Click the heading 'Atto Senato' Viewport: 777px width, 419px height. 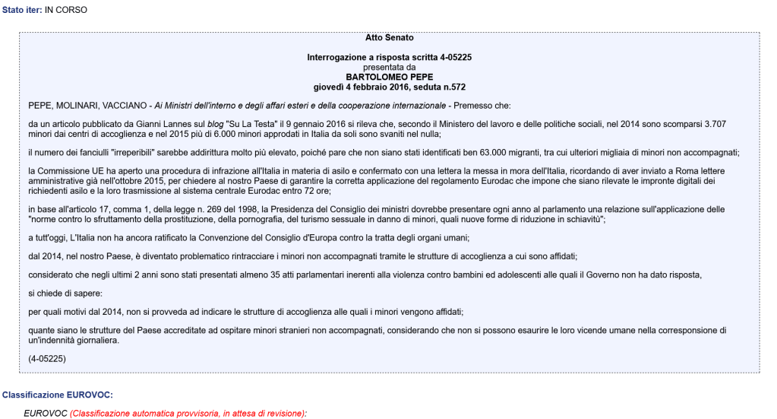(x=389, y=37)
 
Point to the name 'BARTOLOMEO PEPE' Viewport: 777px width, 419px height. (x=389, y=77)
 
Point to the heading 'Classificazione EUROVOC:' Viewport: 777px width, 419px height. (x=57, y=395)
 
